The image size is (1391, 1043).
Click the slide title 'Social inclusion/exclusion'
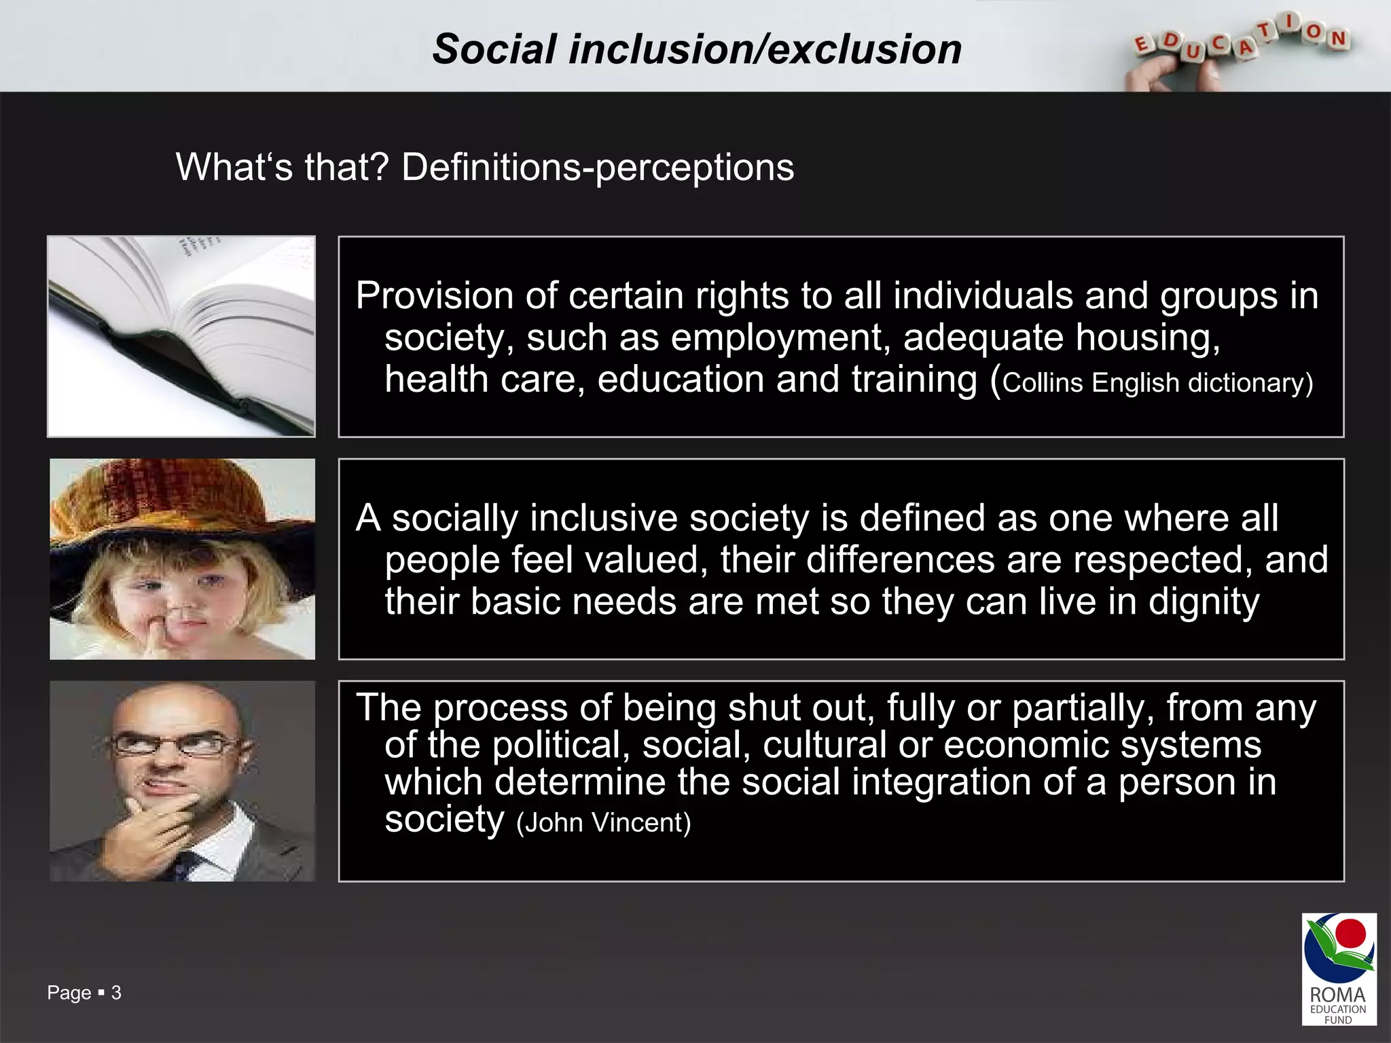(x=697, y=50)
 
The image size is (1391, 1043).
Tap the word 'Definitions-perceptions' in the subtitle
(x=598, y=167)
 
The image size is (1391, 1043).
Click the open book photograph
(x=181, y=336)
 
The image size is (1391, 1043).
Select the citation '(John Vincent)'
(x=603, y=823)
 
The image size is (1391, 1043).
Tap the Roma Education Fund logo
(x=1338, y=968)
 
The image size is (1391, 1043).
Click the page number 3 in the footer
(x=116, y=993)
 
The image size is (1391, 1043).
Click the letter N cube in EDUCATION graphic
(x=1339, y=39)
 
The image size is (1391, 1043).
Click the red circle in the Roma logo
(x=1350, y=933)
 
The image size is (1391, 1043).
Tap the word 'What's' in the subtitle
(x=234, y=167)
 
